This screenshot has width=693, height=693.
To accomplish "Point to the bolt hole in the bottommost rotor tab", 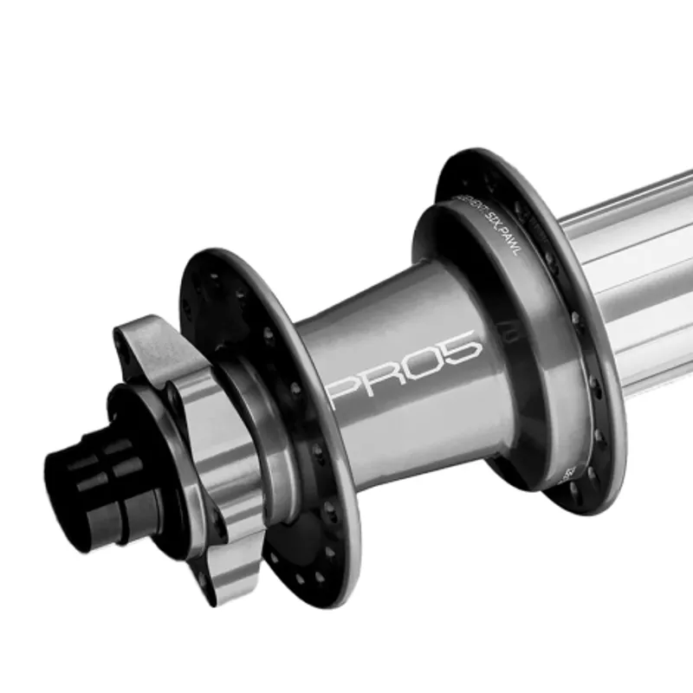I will coord(203,576).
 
